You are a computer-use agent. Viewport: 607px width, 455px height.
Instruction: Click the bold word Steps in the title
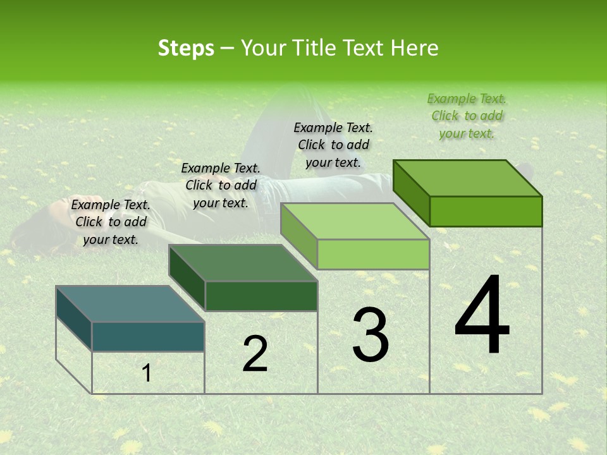tap(186, 48)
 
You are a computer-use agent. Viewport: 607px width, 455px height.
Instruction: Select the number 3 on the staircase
tap(371, 334)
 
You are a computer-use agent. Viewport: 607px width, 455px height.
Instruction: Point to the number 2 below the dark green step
tap(255, 353)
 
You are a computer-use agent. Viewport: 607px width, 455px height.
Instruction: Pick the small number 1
tap(147, 373)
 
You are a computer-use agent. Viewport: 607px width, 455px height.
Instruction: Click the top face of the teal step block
tap(130, 304)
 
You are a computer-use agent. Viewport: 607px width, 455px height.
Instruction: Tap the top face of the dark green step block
tap(243, 263)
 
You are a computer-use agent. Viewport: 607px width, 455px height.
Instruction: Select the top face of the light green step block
tap(355, 222)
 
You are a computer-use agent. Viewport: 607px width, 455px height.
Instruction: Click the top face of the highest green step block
tap(468, 178)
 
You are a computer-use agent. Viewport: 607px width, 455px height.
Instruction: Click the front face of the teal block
tap(148, 336)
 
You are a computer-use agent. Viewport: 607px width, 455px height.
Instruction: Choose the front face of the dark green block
tap(261, 296)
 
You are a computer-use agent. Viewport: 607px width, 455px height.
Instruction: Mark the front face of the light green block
tap(373, 254)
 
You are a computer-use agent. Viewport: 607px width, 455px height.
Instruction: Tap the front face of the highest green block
tap(486, 211)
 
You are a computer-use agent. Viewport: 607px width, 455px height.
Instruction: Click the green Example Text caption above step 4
tap(467, 116)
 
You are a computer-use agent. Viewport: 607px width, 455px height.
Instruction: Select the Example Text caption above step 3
tap(333, 145)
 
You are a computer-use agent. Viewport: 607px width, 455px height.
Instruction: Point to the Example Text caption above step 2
tap(221, 185)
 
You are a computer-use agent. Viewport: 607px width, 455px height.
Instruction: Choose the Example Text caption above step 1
tap(111, 222)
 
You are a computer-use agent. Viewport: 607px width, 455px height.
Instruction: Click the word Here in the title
tap(414, 48)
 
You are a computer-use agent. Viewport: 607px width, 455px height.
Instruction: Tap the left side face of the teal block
tap(73, 318)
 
